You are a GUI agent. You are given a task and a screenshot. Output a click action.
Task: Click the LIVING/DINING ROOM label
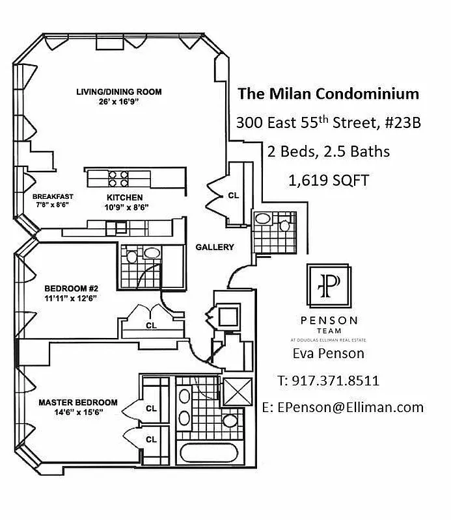[118, 92]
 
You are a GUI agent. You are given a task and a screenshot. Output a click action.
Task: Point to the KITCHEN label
[125, 197]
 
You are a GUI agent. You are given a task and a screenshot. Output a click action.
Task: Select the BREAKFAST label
[53, 196]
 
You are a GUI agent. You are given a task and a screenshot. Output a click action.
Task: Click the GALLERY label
[214, 247]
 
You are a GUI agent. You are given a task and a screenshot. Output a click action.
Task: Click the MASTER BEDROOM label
[77, 402]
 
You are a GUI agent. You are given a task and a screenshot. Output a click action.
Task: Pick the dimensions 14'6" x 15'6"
[77, 412]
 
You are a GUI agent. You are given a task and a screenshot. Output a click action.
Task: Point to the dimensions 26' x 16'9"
[118, 101]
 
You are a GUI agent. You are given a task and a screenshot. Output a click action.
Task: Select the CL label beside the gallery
[233, 194]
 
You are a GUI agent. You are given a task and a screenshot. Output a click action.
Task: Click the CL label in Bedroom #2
[151, 325]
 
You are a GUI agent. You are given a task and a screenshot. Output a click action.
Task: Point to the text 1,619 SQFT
[329, 180]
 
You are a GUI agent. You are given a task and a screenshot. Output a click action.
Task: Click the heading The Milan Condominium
[329, 94]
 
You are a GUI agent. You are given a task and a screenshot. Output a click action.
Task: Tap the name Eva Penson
[329, 354]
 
